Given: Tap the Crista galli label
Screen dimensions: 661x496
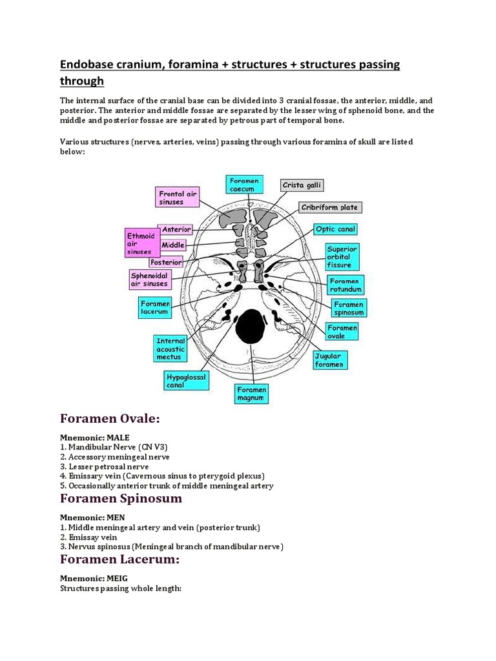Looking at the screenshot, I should pos(302,185).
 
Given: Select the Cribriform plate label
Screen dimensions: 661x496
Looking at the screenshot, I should pos(330,207).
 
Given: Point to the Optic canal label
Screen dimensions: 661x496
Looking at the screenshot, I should pos(335,229).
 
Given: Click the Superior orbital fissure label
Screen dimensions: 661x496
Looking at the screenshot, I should pos(342,256).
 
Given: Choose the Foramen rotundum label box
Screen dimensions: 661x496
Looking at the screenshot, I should pos(346,285).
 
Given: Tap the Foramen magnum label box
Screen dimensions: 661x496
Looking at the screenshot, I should pos(251,394).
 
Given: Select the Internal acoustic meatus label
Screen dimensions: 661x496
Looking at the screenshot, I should pos(170,349).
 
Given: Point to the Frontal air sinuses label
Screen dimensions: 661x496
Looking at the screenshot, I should pos(178,197).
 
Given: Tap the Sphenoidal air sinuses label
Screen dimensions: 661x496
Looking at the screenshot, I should pos(149,279).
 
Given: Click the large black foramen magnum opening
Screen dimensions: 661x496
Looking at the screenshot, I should pos(251,327).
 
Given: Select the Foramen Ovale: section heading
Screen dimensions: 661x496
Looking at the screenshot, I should pos(109,419).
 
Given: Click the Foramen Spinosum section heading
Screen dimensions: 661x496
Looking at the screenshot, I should pos(121,498).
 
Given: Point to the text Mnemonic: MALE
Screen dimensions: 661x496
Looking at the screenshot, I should pos(94,438).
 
